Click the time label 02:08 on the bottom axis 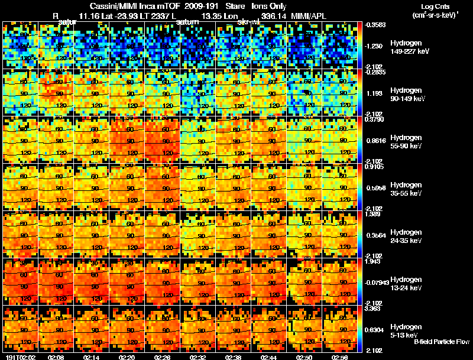56,356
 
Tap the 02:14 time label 92,356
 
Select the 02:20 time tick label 127,356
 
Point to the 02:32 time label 198,356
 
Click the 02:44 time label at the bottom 269,356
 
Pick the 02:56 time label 340,356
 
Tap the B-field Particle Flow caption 442,342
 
